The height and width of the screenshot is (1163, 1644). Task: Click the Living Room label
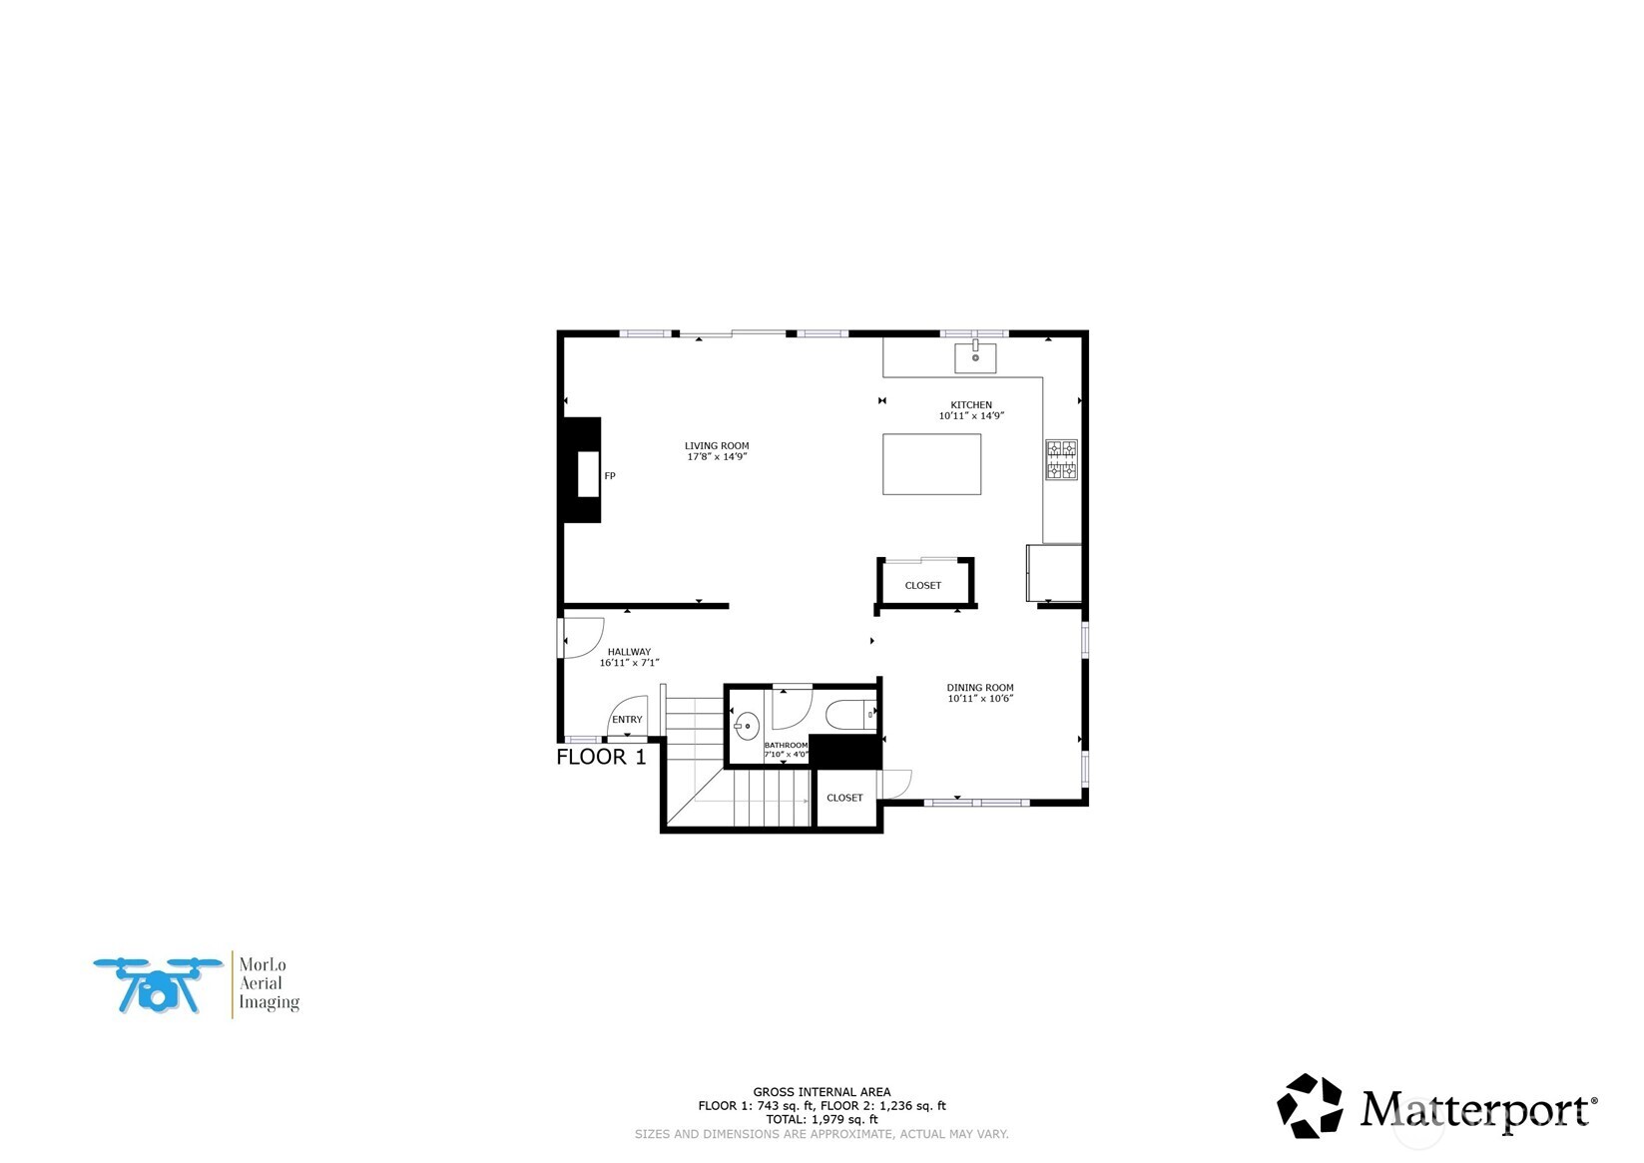(x=716, y=446)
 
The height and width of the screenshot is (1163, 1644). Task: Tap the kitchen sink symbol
(x=975, y=356)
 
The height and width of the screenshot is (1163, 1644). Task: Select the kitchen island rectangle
(x=931, y=464)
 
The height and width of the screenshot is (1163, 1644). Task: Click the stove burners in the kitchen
(x=1061, y=460)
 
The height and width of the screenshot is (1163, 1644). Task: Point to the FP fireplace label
(x=610, y=476)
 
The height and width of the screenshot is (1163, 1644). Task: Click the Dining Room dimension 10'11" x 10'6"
(x=980, y=699)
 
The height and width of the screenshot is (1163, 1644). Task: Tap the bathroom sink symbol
(x=746, y=726)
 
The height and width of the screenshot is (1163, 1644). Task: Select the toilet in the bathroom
(x=849, y=715)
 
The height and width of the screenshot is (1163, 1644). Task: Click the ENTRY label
(x=627, y=720)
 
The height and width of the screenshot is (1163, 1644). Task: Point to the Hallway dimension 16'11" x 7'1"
(x=629, y=663)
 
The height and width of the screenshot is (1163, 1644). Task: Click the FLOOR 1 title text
(x=601, y=757)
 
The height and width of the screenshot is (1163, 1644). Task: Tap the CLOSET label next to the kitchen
(x=922, y=586)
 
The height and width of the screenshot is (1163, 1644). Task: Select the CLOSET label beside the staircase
(x=844, y=798)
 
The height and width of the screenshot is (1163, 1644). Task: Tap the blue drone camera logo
(x=158, y=985)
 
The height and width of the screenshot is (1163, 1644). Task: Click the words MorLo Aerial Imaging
(x=268, y=983)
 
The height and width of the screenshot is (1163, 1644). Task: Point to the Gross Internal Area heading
(x=822, y=1092)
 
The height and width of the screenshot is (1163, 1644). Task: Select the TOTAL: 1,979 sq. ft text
(x=822, y=1120)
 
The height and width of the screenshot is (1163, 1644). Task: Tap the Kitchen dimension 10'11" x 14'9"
(x=970, y=416)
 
